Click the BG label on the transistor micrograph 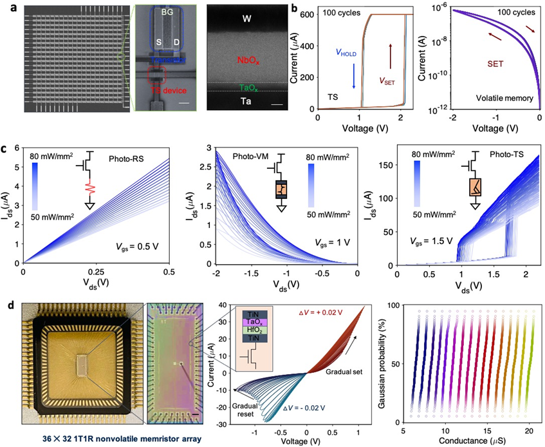[x=167, y=12]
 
